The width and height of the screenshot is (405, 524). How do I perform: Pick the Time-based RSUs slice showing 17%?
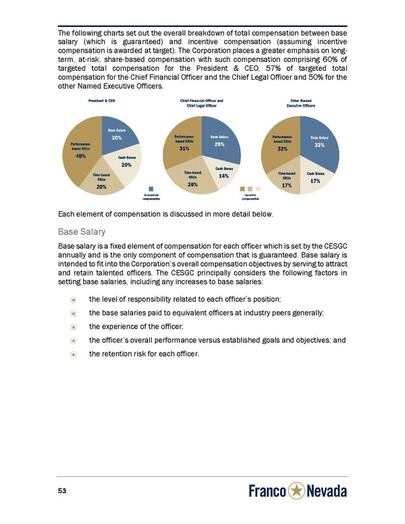(x=287, y=181)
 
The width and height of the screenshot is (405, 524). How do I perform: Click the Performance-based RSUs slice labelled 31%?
(x=183, y=145)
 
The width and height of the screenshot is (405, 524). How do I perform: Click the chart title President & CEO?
(x=105, y=101)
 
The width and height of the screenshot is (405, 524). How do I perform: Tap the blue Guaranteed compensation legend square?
(x=151, y=189)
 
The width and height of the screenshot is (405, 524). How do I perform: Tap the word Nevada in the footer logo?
(x=327, y=490)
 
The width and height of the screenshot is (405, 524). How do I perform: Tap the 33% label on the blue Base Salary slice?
(x=320, y=145)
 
